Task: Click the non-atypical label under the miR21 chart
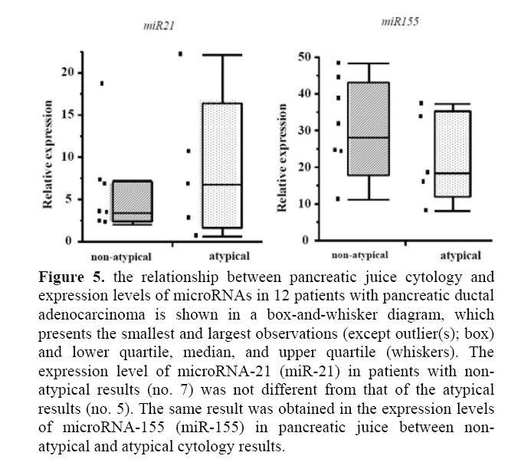122,256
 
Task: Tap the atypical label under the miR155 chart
460,255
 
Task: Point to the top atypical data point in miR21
181,54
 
